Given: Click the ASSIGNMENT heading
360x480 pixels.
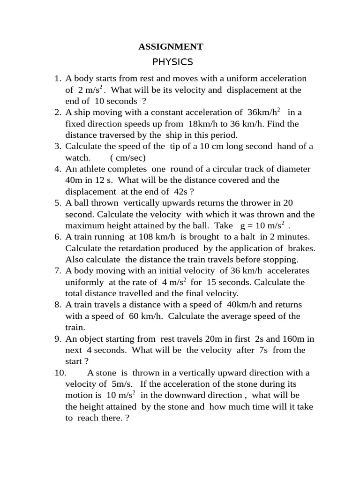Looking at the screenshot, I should [171, 47].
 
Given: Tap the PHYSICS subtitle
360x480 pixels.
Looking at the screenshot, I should [173, 62].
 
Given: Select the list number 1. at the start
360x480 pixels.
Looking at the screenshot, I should [59, 78].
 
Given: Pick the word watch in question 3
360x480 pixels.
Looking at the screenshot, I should [77, 158].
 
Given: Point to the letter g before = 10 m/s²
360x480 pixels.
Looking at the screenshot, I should [243, 226].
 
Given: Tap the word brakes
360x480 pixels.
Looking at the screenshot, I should [299, 248].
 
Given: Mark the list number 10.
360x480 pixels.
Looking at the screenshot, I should [61, 373].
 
